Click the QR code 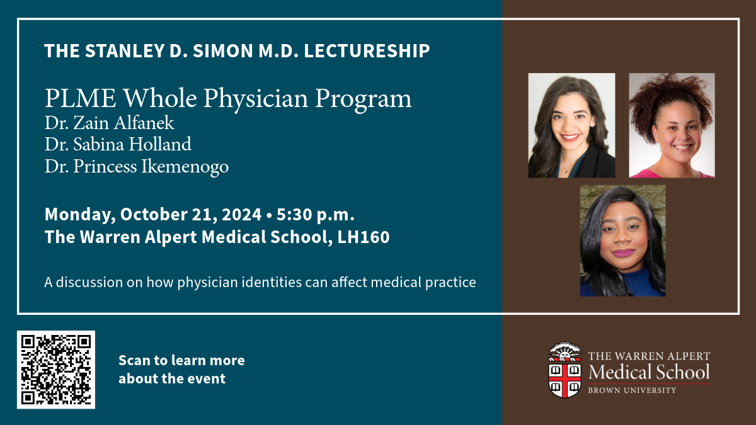(56, 370)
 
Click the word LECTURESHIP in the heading (367, 51)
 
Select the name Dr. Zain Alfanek (110, 122)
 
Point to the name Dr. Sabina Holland (118, 144)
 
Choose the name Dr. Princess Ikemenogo (137, 167)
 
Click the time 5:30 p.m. (316, 215)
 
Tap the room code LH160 (364, 237)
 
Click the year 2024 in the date (242, 215)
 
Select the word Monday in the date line (80, 215)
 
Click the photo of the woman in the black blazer (572, 125)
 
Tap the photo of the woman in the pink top (672, 125)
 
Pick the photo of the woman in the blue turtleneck (622, 241)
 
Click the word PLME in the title (81, 98)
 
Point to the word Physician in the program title (256, 99)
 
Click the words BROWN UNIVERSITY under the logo (632, 390)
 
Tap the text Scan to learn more (181, 361)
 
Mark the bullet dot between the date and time (269, 215)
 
